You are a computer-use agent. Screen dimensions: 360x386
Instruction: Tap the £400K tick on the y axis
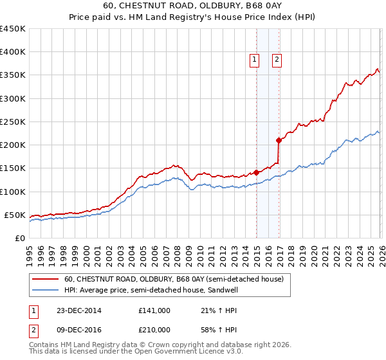[13, 52]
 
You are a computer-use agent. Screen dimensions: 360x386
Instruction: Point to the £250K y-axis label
[13, 122]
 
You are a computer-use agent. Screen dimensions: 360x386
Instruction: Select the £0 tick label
[19, 238]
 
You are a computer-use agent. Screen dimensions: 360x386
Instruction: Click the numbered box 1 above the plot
[255, 60]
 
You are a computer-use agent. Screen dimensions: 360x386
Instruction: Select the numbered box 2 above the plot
[277, 60]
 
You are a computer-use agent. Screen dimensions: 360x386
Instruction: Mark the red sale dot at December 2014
[256, 172]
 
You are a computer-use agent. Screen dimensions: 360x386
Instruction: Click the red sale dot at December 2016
[279, 140]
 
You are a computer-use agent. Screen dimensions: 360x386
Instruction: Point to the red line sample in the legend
[46, 279]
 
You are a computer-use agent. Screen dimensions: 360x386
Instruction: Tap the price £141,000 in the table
[154, 310]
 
